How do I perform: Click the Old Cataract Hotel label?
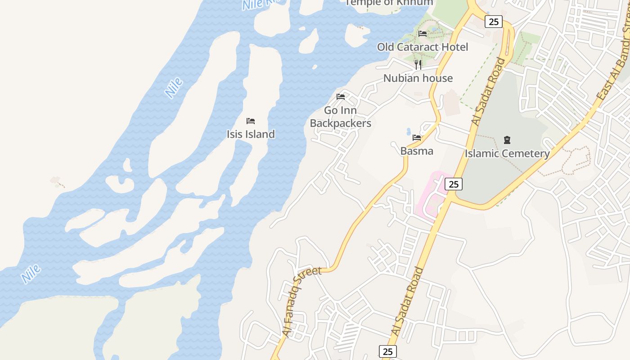[x=422, y=47]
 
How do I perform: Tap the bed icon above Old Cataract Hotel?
[x=422, y=33]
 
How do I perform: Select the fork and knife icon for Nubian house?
[x=418, y=65]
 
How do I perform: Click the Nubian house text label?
[x=418, y=78]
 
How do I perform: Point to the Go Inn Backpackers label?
[x=340, y=117]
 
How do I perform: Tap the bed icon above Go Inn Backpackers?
[x=341, y=96]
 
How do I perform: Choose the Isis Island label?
[x=250, y=134]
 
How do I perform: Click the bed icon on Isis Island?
[x=251, y=121]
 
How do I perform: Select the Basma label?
[x=417, y=151]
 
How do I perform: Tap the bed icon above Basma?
[x=417, y=138]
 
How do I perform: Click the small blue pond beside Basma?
[x=409, y=132]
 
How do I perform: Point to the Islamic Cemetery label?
[x=507, y=153]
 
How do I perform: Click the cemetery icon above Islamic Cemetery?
[x=507, y=139]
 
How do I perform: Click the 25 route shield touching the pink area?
[x=454, y=184]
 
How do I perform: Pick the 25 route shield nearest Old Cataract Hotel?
[x=493, y=21]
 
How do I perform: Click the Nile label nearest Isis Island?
[x=174, y=88]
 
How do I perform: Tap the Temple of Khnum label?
[x=389, y=3]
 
